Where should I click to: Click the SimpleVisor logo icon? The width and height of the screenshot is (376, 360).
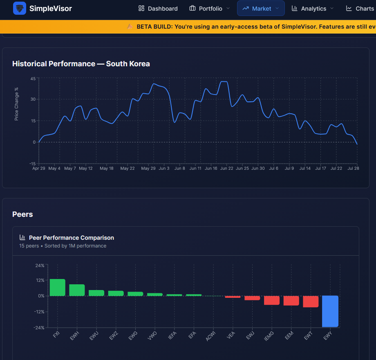pos(20,9)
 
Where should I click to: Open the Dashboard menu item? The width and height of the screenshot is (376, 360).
pos(158,9)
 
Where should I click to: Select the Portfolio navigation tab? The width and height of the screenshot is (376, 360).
pos(210,9)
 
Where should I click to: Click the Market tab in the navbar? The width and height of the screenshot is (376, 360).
pos(261,9)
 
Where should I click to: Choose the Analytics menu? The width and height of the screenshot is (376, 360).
pos(313,9)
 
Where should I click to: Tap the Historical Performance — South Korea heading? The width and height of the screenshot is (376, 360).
pos(81,64)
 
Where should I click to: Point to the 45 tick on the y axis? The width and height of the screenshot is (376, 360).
pos(33,79)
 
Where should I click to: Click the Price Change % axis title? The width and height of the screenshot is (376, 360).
pos(16,104)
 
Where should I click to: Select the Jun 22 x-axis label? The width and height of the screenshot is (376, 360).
pos(226,168)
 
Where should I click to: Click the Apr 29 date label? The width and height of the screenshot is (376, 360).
pos(38,168)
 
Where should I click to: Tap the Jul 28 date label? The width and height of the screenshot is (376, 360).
pos(353,168)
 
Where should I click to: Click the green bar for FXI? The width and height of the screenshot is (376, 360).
pos(58,288)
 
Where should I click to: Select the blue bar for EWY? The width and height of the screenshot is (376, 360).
pos(330,311)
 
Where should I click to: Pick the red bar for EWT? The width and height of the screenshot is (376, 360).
pos(311,301)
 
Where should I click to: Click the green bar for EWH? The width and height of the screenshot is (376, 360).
pos(77,290)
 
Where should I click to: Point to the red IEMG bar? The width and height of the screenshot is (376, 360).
pos(272,300)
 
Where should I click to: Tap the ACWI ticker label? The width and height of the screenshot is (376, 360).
pos(211,336)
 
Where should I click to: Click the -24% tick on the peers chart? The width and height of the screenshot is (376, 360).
pos(39,328)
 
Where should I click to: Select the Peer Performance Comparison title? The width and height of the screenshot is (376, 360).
pos(72,238)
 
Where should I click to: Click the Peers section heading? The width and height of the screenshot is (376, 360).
pos(22,214)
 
